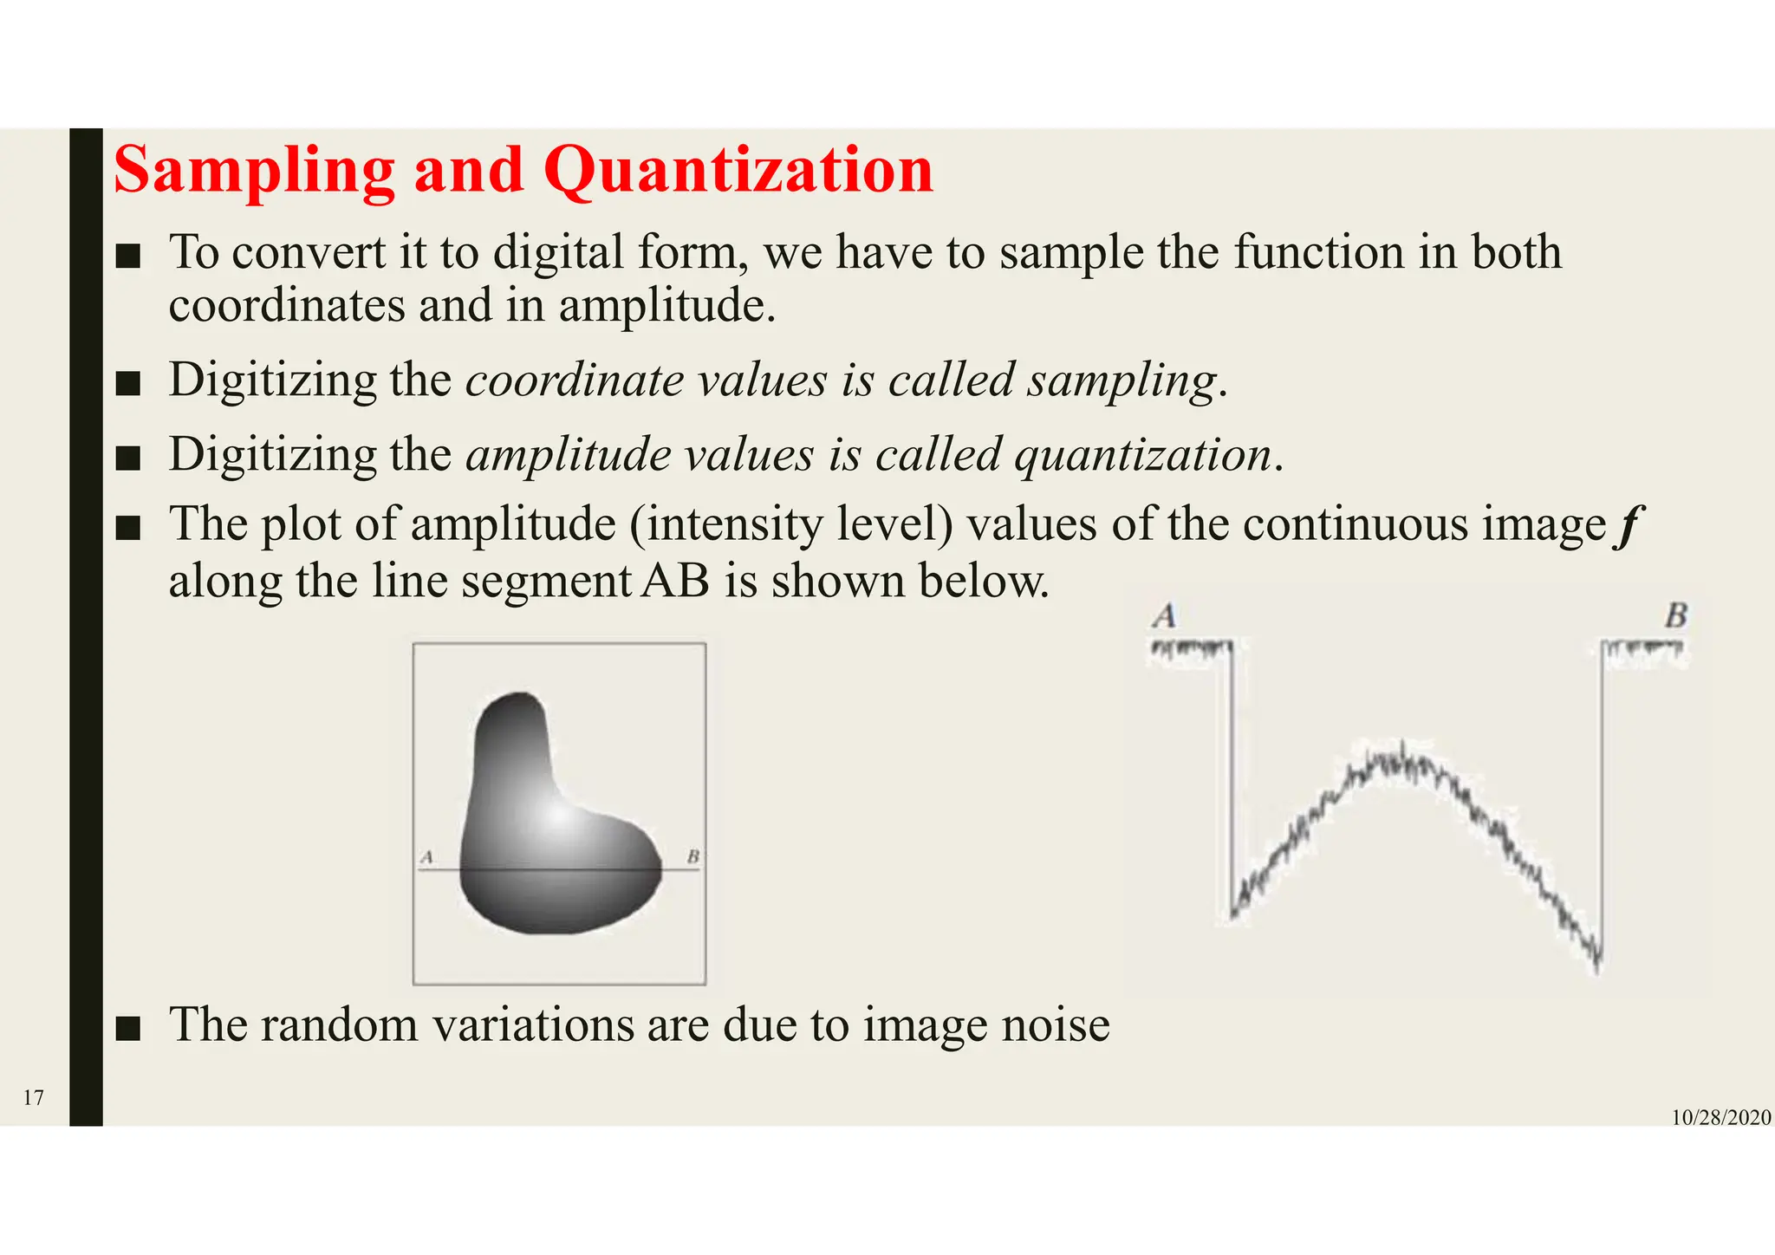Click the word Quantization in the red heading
coord(738,171)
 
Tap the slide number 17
coord(33,1098)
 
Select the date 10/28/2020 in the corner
coord(1720,1118)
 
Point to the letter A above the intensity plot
coord(1165,616)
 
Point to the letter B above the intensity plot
coord(1675,616)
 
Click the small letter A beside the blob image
coord(426,857)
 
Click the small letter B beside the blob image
coord(692,857)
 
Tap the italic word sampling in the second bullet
coord(1122,381)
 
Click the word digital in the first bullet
coord(558,253)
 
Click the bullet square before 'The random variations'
coord(128,1028)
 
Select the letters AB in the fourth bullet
coord(676,581)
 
